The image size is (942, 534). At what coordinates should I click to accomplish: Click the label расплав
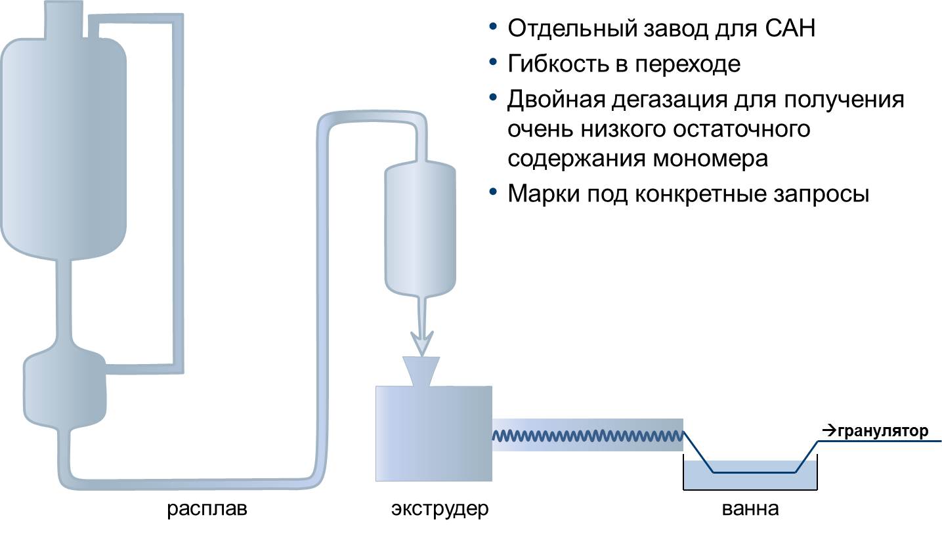click(207, 509)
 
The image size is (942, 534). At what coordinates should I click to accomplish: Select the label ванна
click(750, 509)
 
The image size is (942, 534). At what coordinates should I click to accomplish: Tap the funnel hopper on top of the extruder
click(421, 371)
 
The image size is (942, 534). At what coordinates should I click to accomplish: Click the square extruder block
click(433, 434)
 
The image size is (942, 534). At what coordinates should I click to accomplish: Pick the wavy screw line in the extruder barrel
click(588, 435)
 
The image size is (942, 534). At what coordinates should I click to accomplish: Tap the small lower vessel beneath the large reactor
click(64, 387)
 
